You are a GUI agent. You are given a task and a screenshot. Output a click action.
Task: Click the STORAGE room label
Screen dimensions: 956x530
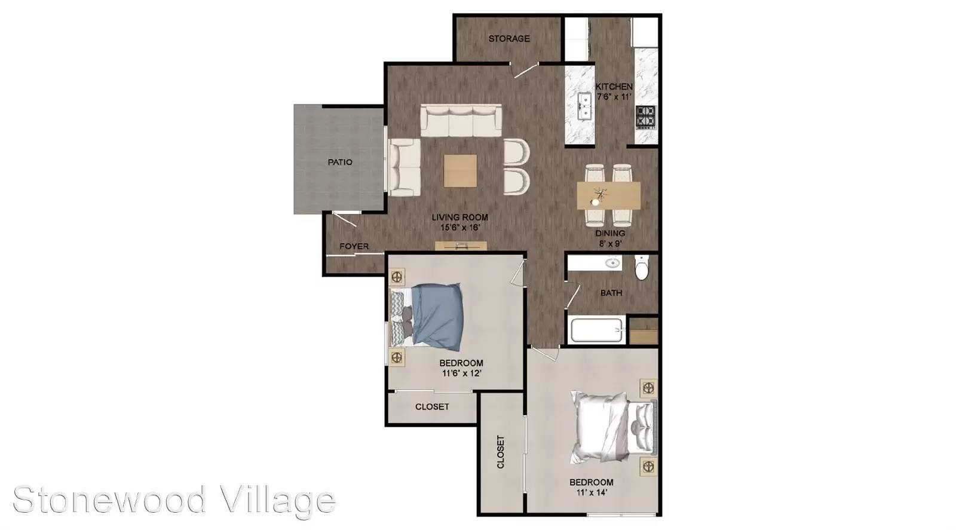point(509,39)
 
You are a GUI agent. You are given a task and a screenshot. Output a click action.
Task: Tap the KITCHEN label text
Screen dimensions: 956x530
point(614,87)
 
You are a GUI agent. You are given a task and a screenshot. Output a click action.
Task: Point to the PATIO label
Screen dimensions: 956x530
point(340,162)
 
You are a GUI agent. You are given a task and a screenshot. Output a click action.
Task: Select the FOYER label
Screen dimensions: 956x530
point(354,246)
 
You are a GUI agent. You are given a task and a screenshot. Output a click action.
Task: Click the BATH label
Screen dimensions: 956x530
point(611,293)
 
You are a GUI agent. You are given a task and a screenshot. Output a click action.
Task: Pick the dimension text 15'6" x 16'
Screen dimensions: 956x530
point(461,228)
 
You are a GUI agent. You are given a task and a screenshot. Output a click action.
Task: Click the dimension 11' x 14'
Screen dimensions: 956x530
point(592,493)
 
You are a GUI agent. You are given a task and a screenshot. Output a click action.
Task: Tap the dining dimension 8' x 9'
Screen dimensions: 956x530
point(610,244)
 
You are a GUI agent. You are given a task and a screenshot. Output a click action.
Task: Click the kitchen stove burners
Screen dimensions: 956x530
point(645,117)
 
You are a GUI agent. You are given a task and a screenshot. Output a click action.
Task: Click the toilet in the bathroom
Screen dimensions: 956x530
point(641,268)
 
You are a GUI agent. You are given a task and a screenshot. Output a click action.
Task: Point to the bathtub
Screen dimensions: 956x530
point(596,330)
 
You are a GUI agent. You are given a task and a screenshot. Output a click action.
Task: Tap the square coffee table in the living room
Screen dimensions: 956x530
point(460,171)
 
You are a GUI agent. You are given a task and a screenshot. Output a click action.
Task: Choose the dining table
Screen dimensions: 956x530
point(609,195)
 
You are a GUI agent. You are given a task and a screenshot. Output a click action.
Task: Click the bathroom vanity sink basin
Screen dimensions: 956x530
point(613,263)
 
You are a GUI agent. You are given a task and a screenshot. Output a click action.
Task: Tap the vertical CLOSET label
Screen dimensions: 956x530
point(501,452)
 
